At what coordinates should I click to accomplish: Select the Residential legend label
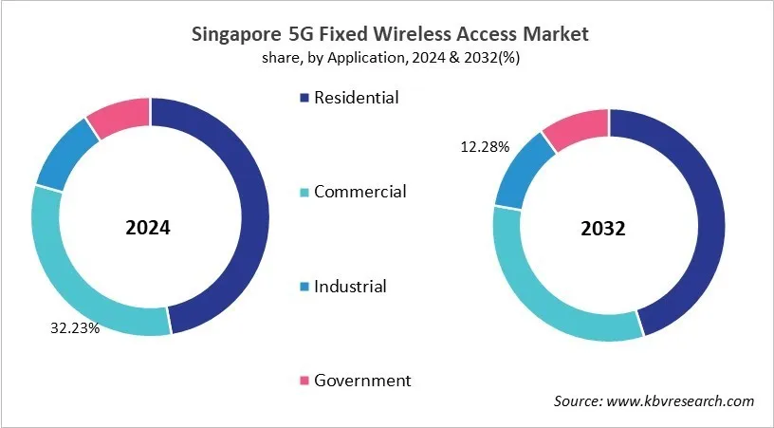(357, 97)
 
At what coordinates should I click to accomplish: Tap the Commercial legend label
(359, 192)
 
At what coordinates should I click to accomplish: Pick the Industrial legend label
(350, 286)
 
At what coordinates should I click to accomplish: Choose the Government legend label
(362, 380)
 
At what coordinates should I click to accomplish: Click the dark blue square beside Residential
(304, 98)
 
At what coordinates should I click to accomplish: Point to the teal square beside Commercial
(304, 193)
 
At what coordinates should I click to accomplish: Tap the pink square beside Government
(304, 381)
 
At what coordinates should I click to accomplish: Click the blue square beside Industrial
(304, 287)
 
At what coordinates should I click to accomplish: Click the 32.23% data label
(75, 329)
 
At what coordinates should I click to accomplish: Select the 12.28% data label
(485, 146)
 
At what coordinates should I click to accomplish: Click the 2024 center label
(149, 229)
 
